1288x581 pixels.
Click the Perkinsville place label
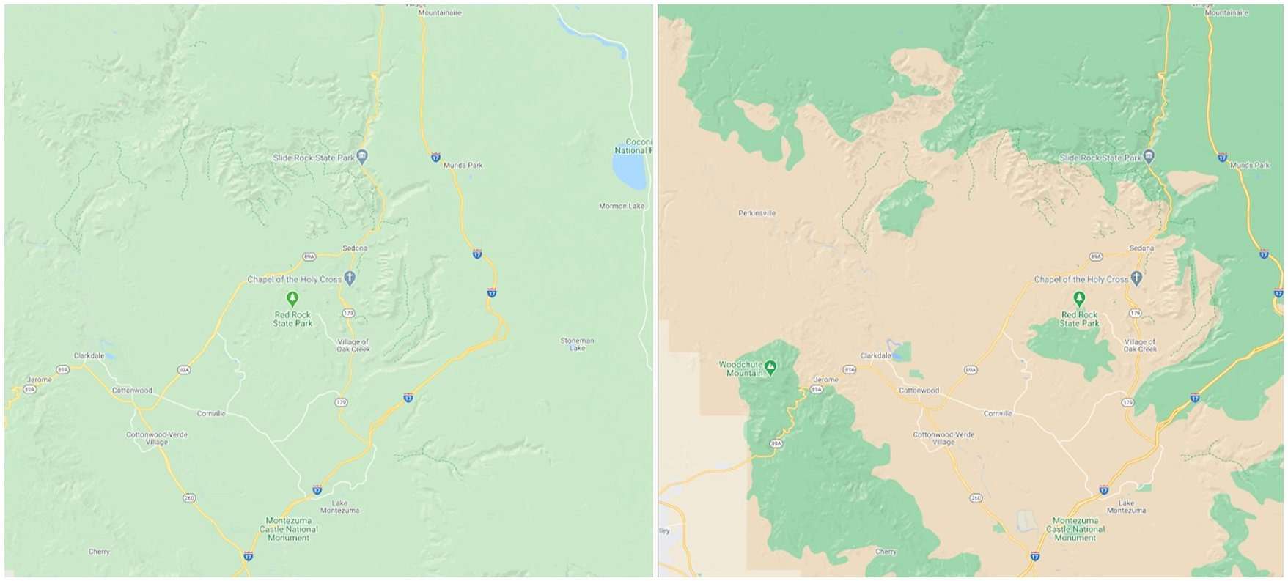tap(757, 213)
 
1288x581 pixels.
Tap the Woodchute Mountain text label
tap(741, 369)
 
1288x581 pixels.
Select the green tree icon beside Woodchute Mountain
tap(770, 364)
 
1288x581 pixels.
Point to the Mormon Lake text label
tap(621, 206)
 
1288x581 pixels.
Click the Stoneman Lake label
tap(577, 344)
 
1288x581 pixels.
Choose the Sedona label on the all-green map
tap(355, 248)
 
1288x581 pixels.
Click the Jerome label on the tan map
tap(826, 380)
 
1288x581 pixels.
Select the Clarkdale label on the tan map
tap(875, 356)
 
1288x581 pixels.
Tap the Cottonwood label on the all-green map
tap(132, 391)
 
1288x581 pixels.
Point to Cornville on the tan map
tap(997, 414)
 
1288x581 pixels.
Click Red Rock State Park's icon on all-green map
tap(292, 298)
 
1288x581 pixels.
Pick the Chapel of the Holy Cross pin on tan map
tap(1136, 278)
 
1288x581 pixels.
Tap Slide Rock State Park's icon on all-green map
tap(362, 156)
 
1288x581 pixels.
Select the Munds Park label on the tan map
tap(1250, 166)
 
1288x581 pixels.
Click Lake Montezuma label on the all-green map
tap(339, 507)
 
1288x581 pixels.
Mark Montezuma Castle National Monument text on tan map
tap(1075, 529)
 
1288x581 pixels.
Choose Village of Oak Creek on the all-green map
tap(353, 346)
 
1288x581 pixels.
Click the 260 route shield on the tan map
tap(976, 498)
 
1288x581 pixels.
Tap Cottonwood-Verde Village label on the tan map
tap(943, 438)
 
